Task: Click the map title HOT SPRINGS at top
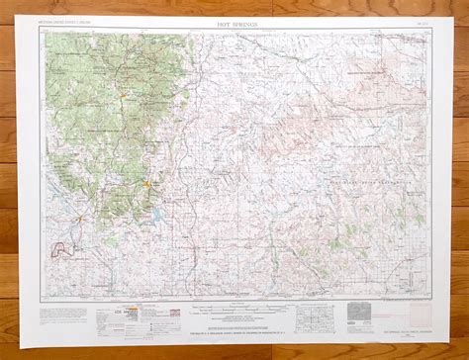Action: point(233,21)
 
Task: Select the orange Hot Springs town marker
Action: point(145,182)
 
